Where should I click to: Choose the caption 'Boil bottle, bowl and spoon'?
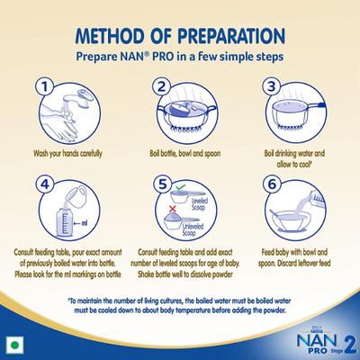coord(180,154)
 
